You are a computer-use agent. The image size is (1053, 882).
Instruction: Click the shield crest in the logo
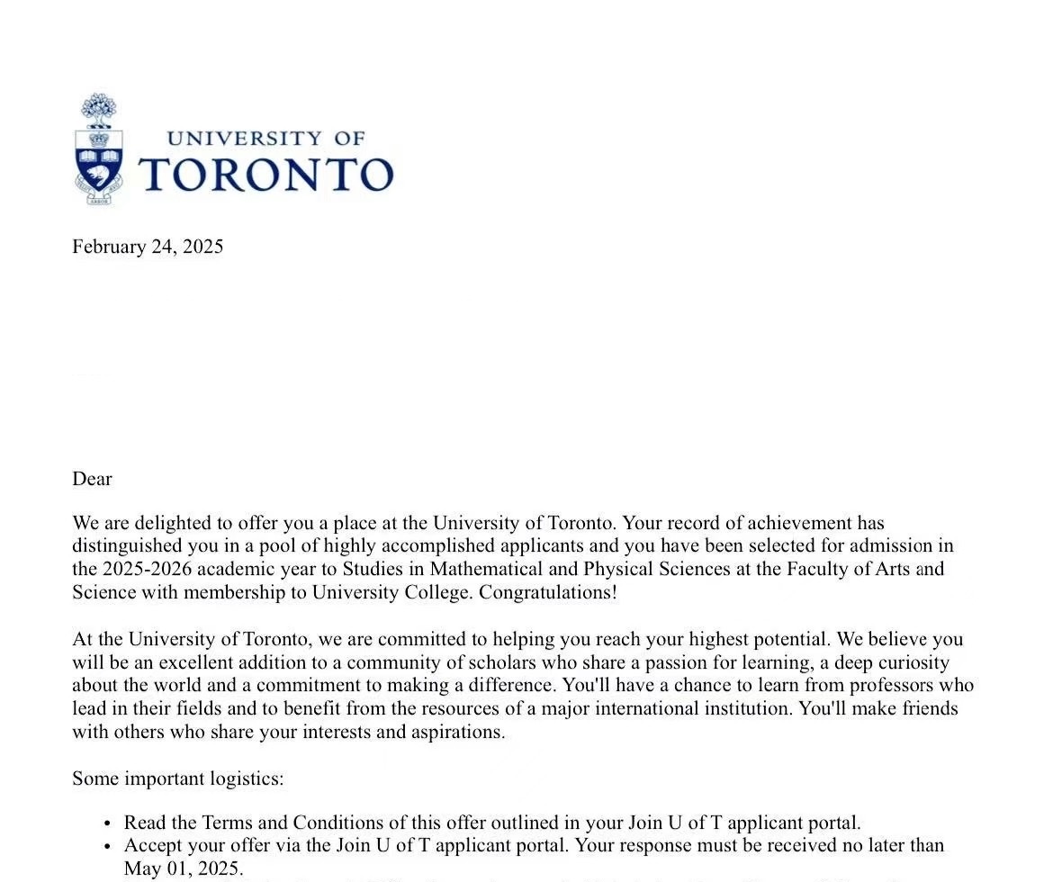tap(99, 162)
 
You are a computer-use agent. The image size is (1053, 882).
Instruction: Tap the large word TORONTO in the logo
tap(266, 174)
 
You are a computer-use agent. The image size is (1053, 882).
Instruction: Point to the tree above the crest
tap(99, 110)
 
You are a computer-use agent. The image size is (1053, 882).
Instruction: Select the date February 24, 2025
tap(148, 247)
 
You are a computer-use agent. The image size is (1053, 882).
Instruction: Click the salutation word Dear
tap(92, 479)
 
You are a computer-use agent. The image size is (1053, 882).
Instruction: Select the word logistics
tap(246, 778)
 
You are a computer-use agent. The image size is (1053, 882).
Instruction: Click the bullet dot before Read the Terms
tap(107, 823)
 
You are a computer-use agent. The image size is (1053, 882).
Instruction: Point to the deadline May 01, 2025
tap(183, 868)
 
